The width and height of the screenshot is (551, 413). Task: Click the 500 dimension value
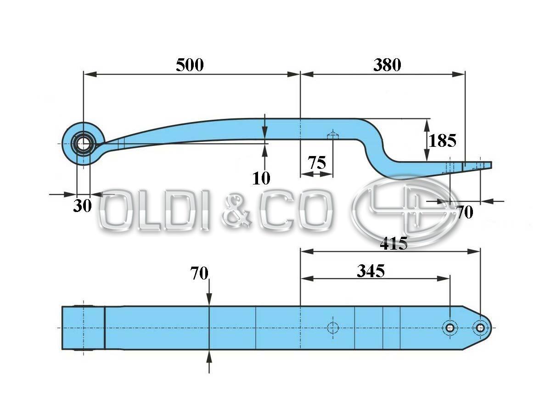(190, 65)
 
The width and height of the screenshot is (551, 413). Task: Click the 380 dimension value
(387, 65)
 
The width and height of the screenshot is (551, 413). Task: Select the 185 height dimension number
(443, 140)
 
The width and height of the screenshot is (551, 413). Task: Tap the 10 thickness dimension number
(261, 178)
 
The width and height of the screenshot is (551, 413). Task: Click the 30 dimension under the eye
(83, 206)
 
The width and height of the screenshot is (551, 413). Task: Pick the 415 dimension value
(394, 243)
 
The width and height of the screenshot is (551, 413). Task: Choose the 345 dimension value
(371, 271)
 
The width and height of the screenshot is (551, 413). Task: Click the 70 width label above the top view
(199, 274)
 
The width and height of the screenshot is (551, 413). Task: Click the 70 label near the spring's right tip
(465, 212)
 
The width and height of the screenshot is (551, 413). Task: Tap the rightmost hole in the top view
(480, 328)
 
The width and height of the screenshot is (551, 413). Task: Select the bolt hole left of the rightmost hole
(450, 328)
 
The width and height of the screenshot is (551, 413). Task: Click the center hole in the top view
(332, 328)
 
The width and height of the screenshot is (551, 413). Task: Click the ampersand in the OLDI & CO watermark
(238, 212)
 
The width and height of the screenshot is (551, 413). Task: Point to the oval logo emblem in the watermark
(399, 210)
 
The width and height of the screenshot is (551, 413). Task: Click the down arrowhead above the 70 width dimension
(209, 300)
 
